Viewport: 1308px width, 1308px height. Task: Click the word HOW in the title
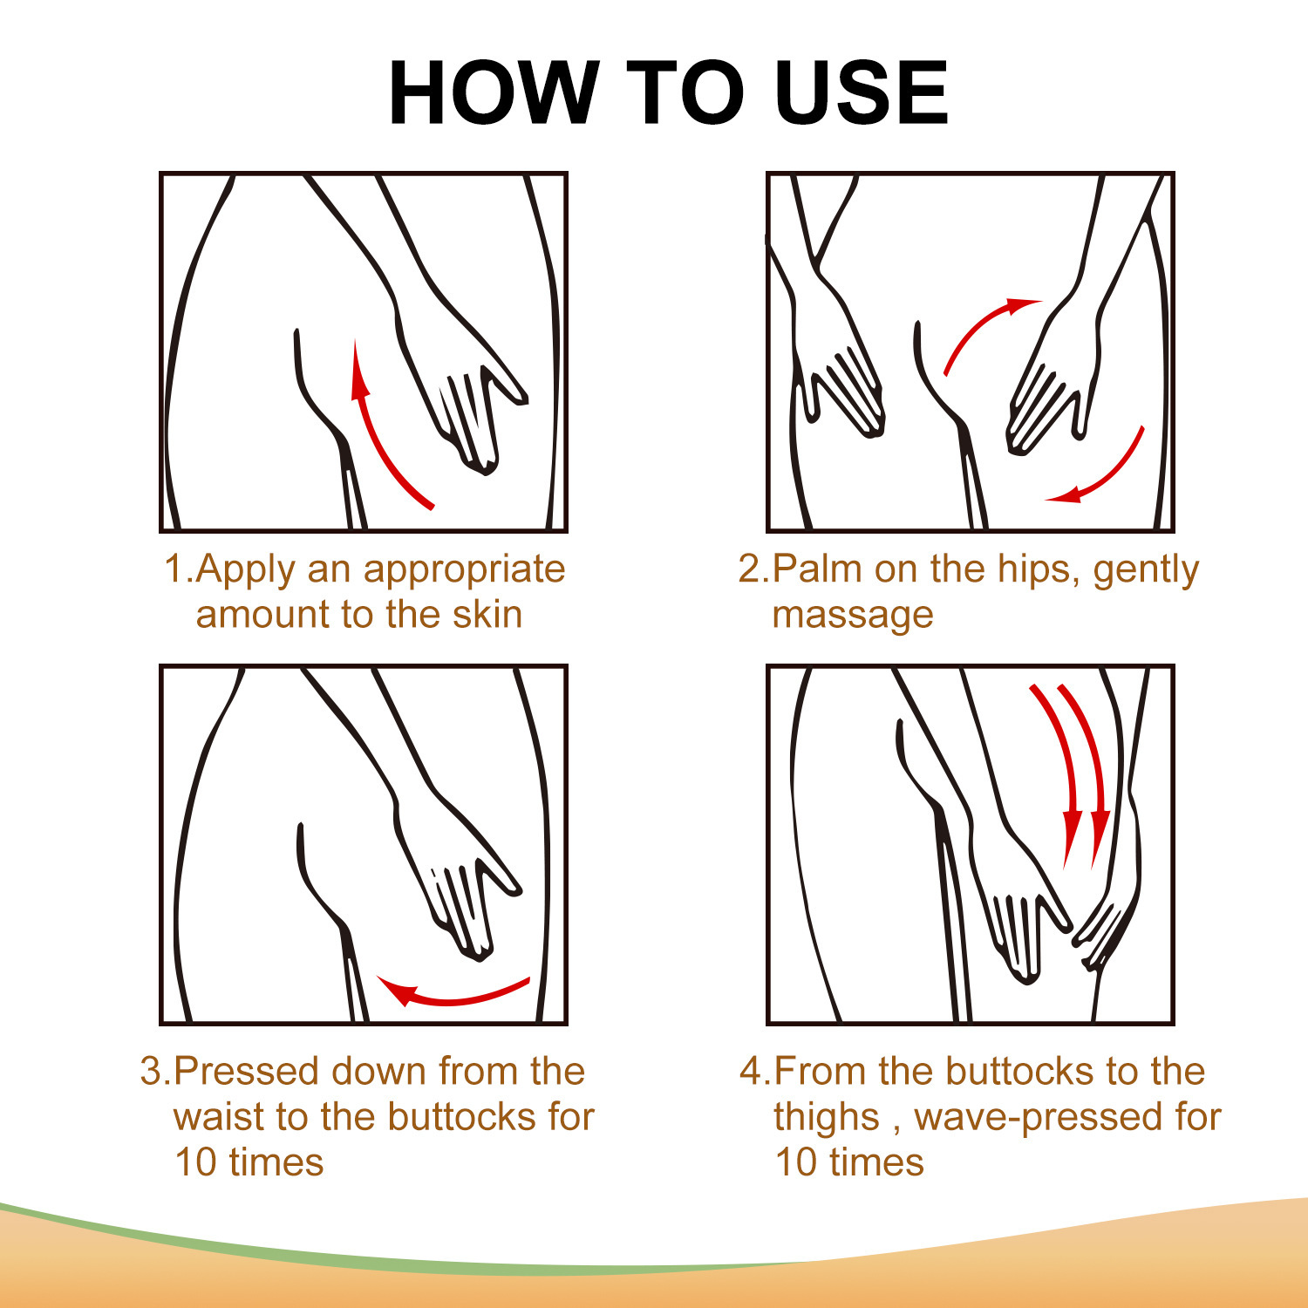pyautogui.click(x=494, y=93)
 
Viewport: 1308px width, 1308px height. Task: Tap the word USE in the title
pyautogui.click(x=861, y=93)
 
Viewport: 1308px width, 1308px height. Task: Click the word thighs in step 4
pyautogui.click(x=827, y=1119)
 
